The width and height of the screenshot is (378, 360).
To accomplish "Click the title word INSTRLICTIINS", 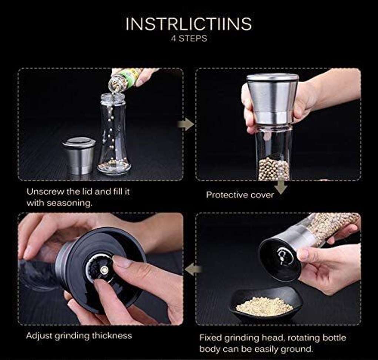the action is coord(189,24).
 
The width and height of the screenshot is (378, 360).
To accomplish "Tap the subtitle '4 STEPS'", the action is coord(189,39).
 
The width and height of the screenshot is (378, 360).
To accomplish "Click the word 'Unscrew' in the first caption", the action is coord(45,192).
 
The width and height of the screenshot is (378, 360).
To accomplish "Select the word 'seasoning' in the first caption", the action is coord(69,203).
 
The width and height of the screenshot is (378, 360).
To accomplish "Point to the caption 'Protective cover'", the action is coord(240,195).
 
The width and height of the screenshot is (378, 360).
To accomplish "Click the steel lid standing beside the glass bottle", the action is coord(79,155).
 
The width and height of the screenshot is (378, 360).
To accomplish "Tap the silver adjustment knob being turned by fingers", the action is coord(104,270).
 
